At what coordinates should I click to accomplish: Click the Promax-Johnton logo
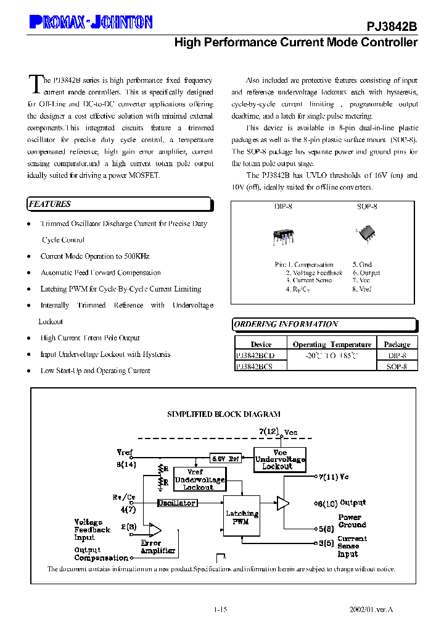91,23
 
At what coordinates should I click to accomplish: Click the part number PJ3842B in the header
392,27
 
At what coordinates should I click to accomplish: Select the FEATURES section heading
51,204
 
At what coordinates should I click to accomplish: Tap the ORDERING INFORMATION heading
286,324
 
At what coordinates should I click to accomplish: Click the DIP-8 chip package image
283,237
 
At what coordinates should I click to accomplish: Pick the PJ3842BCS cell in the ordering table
254,366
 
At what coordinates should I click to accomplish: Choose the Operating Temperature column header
332,345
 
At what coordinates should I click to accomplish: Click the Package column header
397,345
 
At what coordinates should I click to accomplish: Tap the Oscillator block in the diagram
177,503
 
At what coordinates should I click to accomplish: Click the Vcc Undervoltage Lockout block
280,459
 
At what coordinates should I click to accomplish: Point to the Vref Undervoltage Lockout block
199,479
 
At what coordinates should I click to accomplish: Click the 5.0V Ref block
226,459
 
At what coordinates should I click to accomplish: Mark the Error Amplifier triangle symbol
155,529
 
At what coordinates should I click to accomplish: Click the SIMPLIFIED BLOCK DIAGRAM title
224,414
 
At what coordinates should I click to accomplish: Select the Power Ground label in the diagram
352,521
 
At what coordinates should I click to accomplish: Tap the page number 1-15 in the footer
221,610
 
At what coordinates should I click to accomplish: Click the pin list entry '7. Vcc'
361,280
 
